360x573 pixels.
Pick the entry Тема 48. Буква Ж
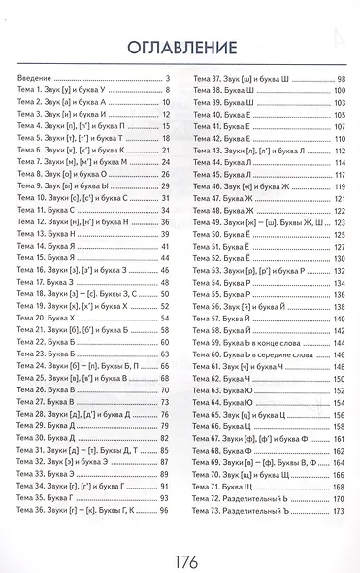220,210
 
